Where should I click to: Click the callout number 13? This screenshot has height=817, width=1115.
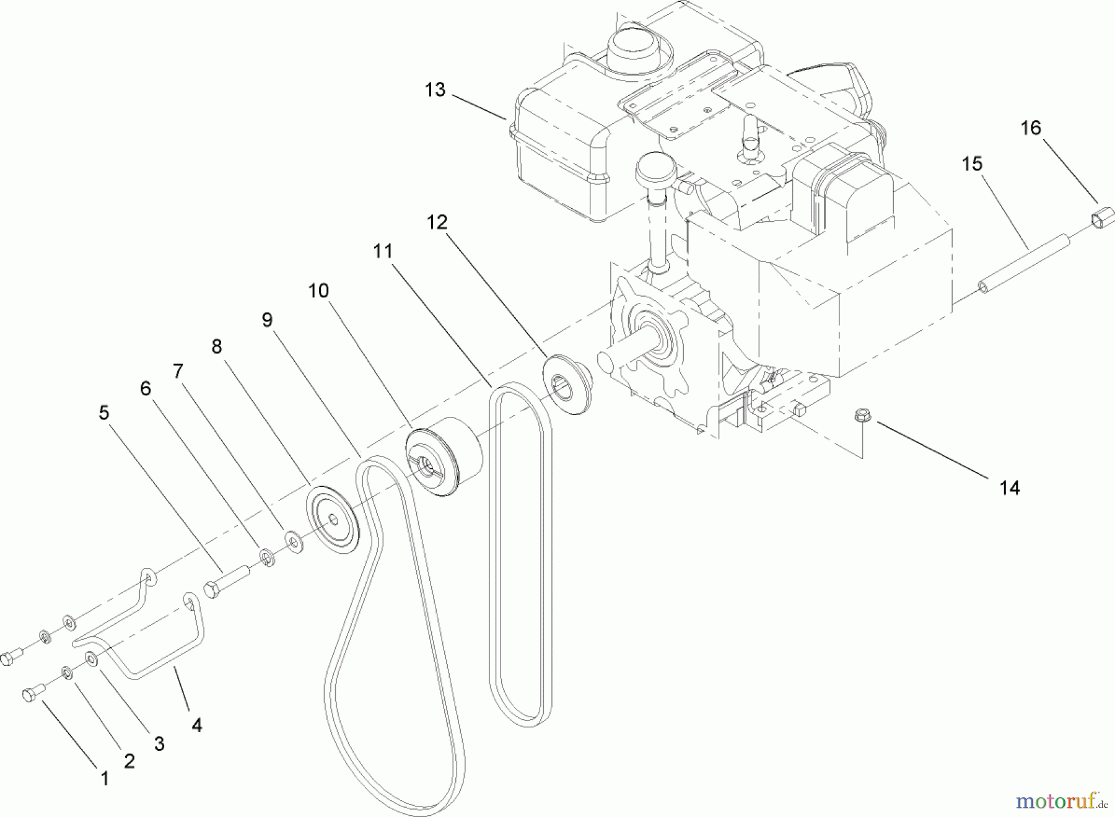435,90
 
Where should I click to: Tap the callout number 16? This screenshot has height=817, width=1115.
1031,128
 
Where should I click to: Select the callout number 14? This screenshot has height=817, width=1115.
1010,488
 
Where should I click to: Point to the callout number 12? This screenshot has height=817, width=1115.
437,222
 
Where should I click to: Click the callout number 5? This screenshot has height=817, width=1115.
104,413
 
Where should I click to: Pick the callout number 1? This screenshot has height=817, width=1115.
105,779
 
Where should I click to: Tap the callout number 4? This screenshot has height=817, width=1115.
196,725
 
